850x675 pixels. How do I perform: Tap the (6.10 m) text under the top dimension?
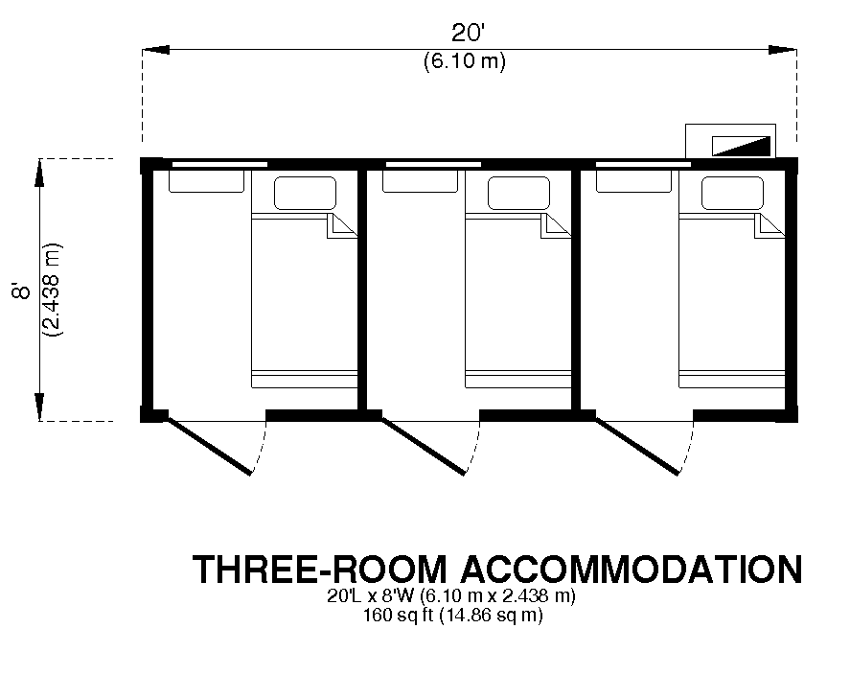point(465,60)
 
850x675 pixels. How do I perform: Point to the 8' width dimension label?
point(22,291)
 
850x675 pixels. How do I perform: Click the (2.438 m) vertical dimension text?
point(53,291)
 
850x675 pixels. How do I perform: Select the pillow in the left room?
point(305,193)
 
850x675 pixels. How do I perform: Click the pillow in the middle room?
point(518,193)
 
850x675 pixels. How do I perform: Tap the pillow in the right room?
point(732,193)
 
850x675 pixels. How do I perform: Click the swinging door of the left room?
point(209,446)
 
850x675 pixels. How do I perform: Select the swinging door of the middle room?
point(423,446)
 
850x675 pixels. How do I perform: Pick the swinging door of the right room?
point(636,446)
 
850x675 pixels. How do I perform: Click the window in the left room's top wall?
point(219,164)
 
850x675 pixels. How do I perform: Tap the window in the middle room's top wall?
point(433,164)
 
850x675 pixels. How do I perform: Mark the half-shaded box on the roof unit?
point(741,146)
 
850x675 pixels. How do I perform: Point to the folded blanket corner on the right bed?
point(770,225)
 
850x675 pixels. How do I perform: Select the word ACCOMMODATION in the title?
point(632,570)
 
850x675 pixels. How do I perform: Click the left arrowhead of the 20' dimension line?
point(156,50)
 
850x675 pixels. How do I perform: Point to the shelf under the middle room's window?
point(420,181)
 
